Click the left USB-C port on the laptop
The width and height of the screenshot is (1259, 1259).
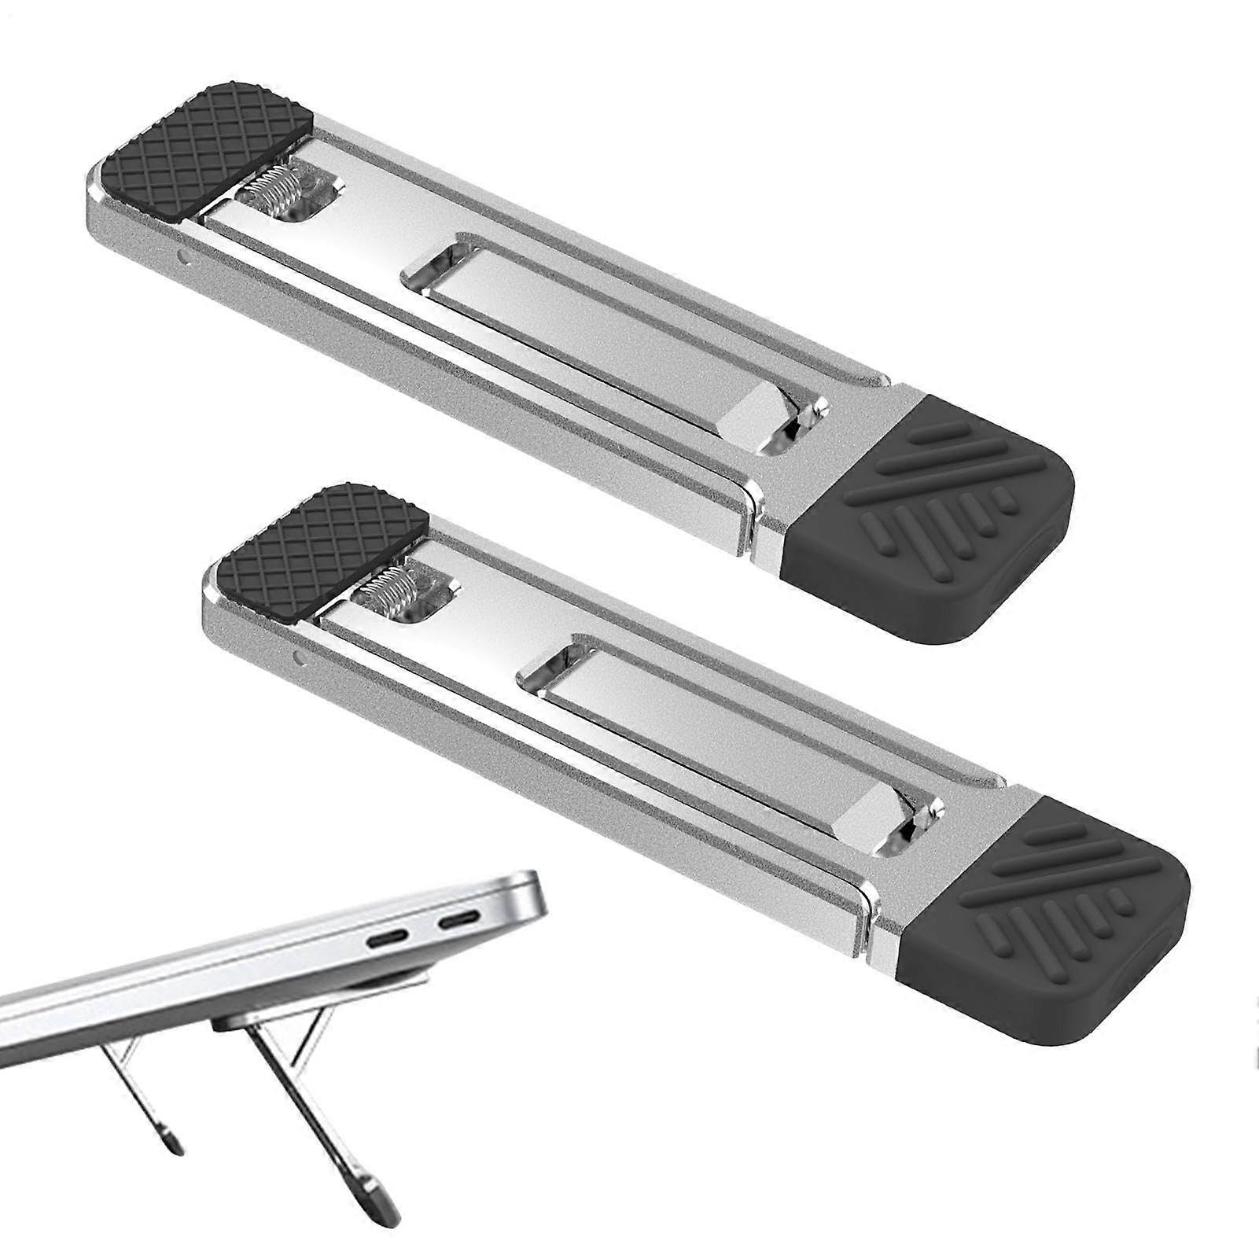[x=387, y=940]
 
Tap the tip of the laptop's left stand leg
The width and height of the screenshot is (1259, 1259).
[x=176, y=1145]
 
